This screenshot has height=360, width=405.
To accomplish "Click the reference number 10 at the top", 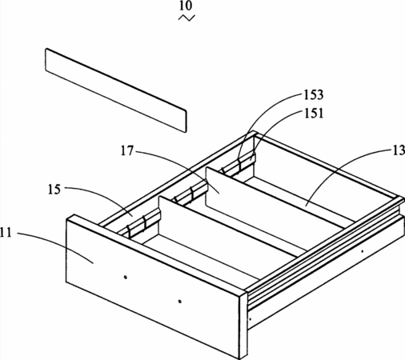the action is (x=186, y=6).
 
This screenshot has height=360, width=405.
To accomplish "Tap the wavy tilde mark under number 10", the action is (x=186, y=18).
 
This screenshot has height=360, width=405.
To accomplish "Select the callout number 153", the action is (x=314, y=94).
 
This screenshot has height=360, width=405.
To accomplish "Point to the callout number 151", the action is (x=314, y=114).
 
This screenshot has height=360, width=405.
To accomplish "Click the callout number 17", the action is (x=126, y=151).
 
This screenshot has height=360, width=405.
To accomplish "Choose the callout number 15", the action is (x=54, y=190).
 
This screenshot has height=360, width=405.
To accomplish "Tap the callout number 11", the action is (x=6, y=233).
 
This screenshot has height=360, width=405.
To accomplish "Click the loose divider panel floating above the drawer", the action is (x=116, y=90).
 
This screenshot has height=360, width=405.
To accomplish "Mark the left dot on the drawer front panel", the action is (x=126, y=278).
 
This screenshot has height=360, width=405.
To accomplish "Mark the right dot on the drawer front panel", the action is (x=180, y=302).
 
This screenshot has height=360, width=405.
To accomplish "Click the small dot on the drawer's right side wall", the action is (x=362, y=251).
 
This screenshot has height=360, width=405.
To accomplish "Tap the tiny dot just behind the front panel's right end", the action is (x=250, y=319).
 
